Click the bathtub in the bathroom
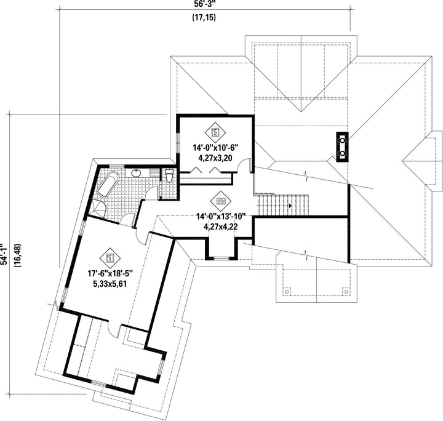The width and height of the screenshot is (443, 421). [x=108, y=184]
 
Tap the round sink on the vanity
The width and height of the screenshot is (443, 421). [x=137, y=172]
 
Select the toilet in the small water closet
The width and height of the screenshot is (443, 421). [x=169, y=175]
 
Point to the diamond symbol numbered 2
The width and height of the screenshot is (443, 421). [x=215, y=132]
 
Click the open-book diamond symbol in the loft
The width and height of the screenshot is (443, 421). [x=221, y=201]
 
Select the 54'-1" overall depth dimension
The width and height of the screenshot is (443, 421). [x=4, y=254]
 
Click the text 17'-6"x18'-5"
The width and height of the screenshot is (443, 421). [x=110, y=273]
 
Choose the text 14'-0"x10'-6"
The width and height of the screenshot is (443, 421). [x=215, y=148]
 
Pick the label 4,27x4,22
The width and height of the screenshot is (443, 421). [x=221, y=227]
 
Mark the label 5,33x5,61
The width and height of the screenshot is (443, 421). [x=110, y=284]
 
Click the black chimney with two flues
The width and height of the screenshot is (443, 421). [x=342, y=147]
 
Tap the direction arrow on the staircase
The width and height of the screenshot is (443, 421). [x=290, y=206]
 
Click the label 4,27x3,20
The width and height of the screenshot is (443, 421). [x=215, y=158]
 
